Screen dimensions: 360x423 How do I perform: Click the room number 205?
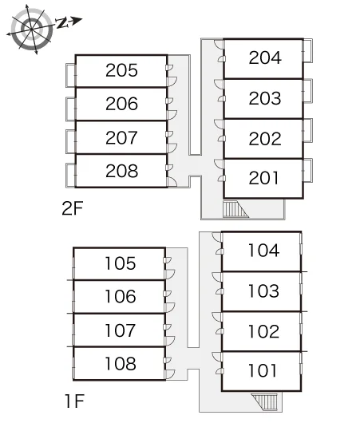tap(121, 70)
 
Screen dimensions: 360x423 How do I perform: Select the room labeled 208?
tap(121, 171)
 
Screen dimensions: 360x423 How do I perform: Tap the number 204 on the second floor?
tap(265, 57)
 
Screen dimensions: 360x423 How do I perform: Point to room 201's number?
tap(263, 178)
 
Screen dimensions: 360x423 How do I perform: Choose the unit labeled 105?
tap(121, 263)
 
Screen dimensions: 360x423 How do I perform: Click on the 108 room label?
tap(121, 363)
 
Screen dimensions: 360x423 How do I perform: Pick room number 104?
tap(263, 251)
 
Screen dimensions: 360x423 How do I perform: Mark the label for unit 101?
tap(263, 370)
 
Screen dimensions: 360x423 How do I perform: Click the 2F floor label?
tap(72, 208)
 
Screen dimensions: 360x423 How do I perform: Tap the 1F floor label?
tap(74, 401)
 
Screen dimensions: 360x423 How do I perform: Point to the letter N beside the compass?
tap(62, 23)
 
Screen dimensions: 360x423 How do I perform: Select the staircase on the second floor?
tap(235, 209)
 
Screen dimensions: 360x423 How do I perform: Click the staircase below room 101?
tap(264, 401)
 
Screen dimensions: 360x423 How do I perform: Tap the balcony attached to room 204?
tap(308, 51)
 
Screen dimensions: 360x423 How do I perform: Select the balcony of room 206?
tap(71, 109)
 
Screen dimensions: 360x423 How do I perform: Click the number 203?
tap(265, 98)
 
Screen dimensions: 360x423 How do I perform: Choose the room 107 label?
tap(121, 330)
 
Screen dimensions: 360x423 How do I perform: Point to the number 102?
tap(263, 331)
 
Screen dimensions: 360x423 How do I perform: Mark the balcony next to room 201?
tap(308, 171)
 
